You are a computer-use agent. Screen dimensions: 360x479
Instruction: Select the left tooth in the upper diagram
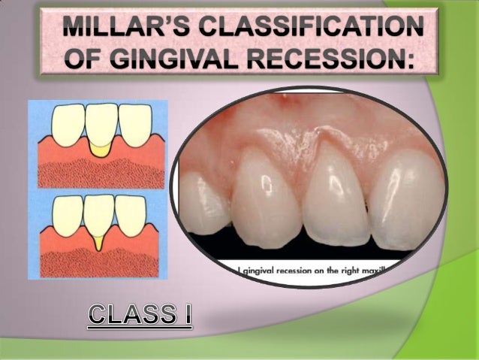66,120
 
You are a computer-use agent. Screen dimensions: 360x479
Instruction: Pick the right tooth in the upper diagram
135,120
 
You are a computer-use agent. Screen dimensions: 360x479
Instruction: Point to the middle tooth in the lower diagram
101,213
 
